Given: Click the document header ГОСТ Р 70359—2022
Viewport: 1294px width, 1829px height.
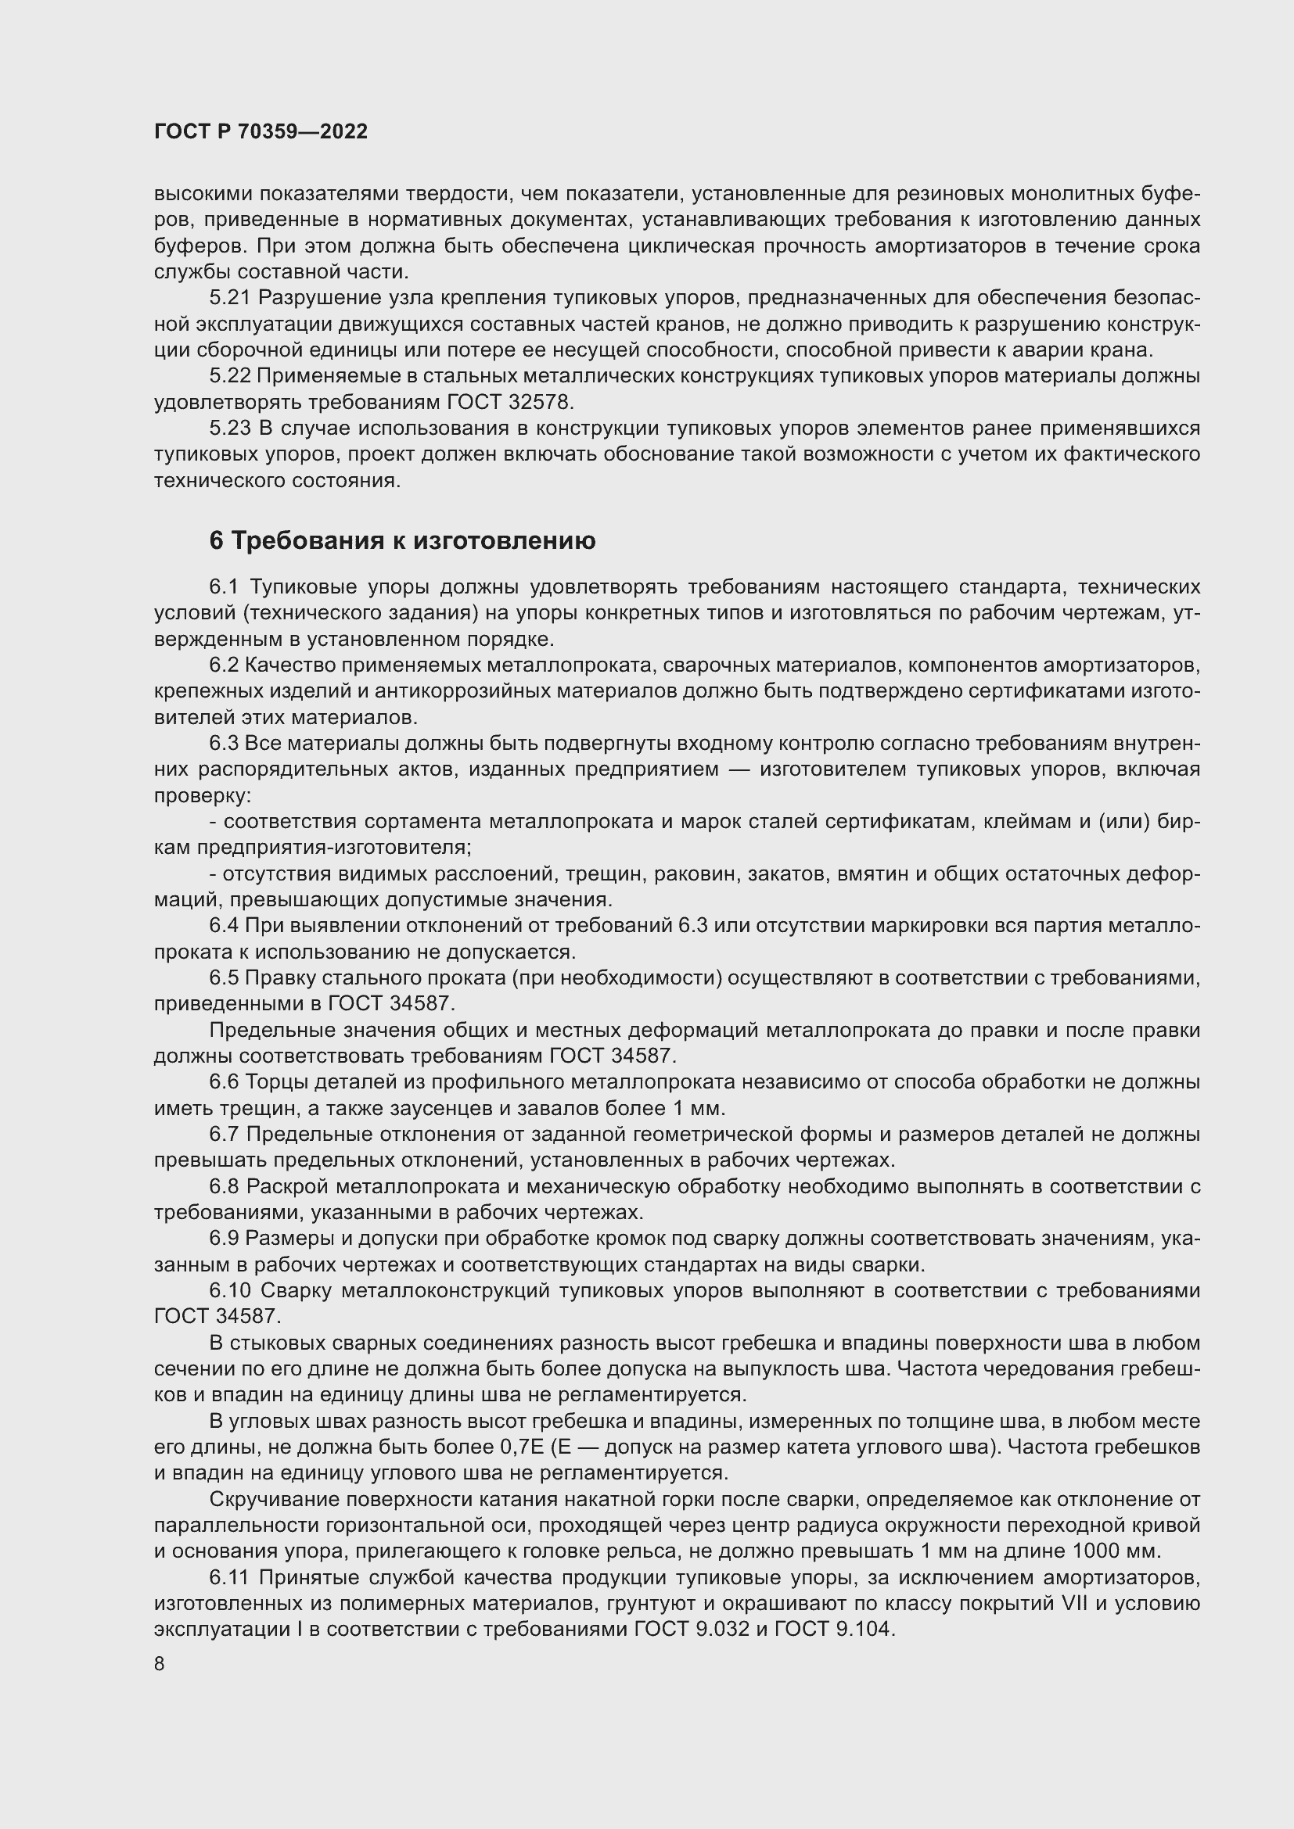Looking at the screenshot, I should [x=261, y=132].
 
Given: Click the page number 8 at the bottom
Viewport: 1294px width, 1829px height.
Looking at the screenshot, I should [x=160, y=1664].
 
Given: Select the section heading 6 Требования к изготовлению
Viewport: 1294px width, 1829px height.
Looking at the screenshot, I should [x=402, y=541].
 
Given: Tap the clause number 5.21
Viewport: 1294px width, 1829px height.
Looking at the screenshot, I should [x=230, y=298].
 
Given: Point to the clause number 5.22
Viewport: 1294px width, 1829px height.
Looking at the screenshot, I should [x=230, y=376].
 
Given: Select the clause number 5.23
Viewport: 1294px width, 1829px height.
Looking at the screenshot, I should [x=230, y=429].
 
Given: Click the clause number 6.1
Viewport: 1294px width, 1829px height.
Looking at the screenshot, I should [x=225, y=587].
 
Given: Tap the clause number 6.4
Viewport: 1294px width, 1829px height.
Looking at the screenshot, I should [x=224, y=926].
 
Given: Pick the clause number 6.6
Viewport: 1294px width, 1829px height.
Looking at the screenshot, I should [x=224, y=1082].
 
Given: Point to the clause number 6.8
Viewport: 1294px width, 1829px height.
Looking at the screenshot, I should [x=224, y=1187].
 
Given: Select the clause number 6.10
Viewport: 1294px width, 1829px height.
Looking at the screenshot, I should [x=230, y=1290].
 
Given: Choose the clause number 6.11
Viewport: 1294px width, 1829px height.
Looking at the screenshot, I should [x=230, y=1577].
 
